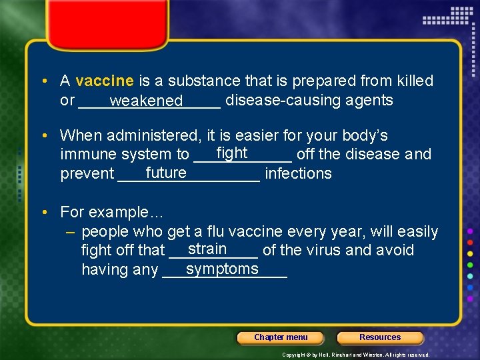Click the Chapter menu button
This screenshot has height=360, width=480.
point(281,337)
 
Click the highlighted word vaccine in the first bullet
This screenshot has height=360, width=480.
point(105,81)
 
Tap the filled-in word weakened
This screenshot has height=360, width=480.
point(146,101)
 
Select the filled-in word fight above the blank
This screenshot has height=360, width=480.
point(232,153)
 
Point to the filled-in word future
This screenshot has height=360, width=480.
point(166,173)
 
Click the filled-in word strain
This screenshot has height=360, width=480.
point(207,249)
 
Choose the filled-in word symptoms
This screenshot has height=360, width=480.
point(222,269)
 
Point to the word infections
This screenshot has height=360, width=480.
point(298,174)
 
